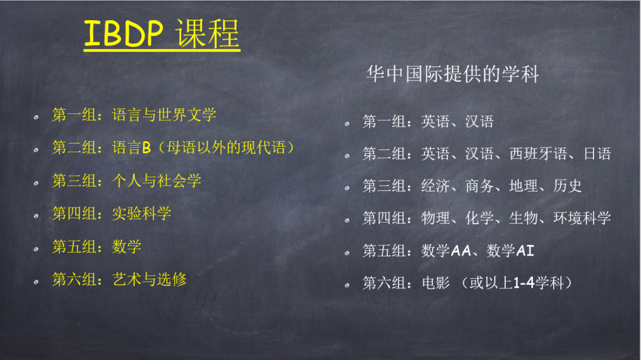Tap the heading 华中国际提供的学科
(x=452, y=74)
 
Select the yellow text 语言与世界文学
(x=164, y=115)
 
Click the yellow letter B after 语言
(x=147, y=148)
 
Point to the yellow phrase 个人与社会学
(x=157, y=181)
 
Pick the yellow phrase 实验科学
(x=141, y=214)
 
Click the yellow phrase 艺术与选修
(x=149, y=279)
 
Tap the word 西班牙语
(x=538, y=154)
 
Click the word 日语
(x=597, y=154)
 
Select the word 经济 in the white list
(x=436, y=186)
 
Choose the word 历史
(x=567, y=186)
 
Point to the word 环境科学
(x=582, y=218)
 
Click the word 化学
(x=480, y=218)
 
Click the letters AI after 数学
(x=525, y=250)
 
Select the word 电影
(x=436, y=283)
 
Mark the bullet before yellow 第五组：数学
(x=36, y=249)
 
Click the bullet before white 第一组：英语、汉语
(x=347, y=123)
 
